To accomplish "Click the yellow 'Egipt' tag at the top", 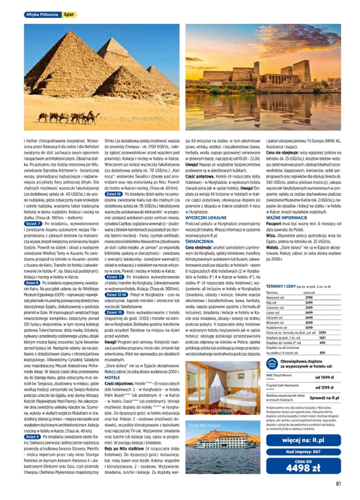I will tap(70, 15).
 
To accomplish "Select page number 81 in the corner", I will tap(339, 484).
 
